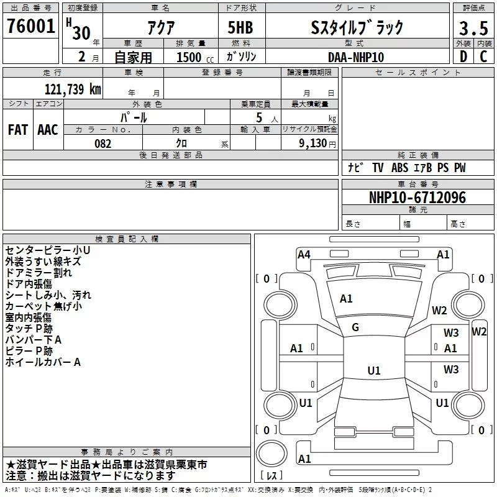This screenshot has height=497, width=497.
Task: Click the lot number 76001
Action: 30,26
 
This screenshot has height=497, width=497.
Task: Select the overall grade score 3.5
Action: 473,28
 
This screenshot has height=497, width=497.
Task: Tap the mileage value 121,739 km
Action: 73,89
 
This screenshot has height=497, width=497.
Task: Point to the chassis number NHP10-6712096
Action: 417,198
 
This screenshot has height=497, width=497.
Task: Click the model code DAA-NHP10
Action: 356,57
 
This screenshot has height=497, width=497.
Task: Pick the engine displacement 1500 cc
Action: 195,57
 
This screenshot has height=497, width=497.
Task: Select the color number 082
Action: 103,144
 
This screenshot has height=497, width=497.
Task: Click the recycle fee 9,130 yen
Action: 317,144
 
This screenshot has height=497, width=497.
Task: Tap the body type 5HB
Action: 240,27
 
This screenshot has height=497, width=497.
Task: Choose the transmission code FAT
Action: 18,130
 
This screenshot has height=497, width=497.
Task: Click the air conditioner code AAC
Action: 48,130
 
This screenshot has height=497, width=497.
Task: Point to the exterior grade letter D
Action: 463,57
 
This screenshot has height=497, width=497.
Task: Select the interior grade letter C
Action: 483,57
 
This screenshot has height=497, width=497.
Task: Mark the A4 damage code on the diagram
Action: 304,255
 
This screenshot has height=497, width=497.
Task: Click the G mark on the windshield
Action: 355,327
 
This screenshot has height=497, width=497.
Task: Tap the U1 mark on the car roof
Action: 374,370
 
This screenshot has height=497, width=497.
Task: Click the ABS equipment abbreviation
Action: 399,168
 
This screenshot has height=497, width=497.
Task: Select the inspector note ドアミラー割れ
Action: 39,273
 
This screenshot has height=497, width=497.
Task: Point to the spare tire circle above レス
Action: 271,454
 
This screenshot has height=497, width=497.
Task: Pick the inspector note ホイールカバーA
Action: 43,362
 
